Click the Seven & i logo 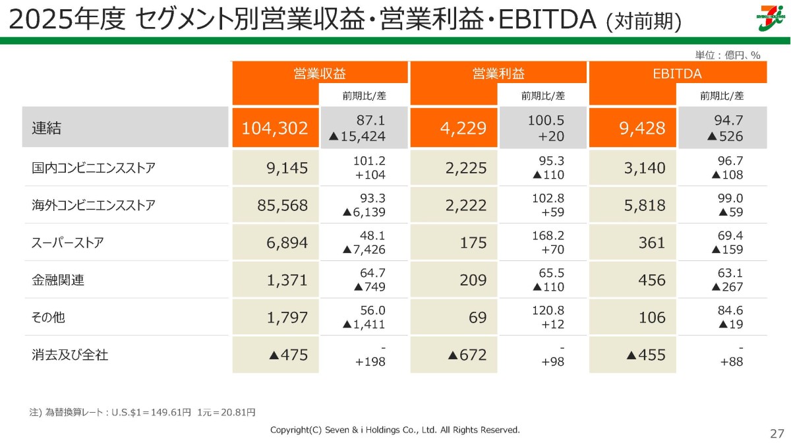coord(773,18)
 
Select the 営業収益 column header coord(320,73)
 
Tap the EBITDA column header coord(677,73)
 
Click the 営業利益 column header coord(498,73)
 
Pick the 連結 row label coord(46,128)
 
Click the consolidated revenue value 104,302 coord(275,128)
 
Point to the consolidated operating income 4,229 coord(463,128)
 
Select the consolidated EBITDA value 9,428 coord(642,128)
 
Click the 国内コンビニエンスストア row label coord(93,167)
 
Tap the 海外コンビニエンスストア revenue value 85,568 coord(283,205)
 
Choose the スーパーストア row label coord(67,243)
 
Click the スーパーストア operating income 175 coord(473,243)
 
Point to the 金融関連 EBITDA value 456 coord(652,280)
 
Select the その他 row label coord(48,317)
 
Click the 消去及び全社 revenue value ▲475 coord(289,355)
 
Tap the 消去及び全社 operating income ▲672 coord(467,355)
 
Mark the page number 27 coord(777,434)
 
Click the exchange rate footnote coord(142,412)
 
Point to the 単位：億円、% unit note coord(728,55)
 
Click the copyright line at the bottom coord(395,430)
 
